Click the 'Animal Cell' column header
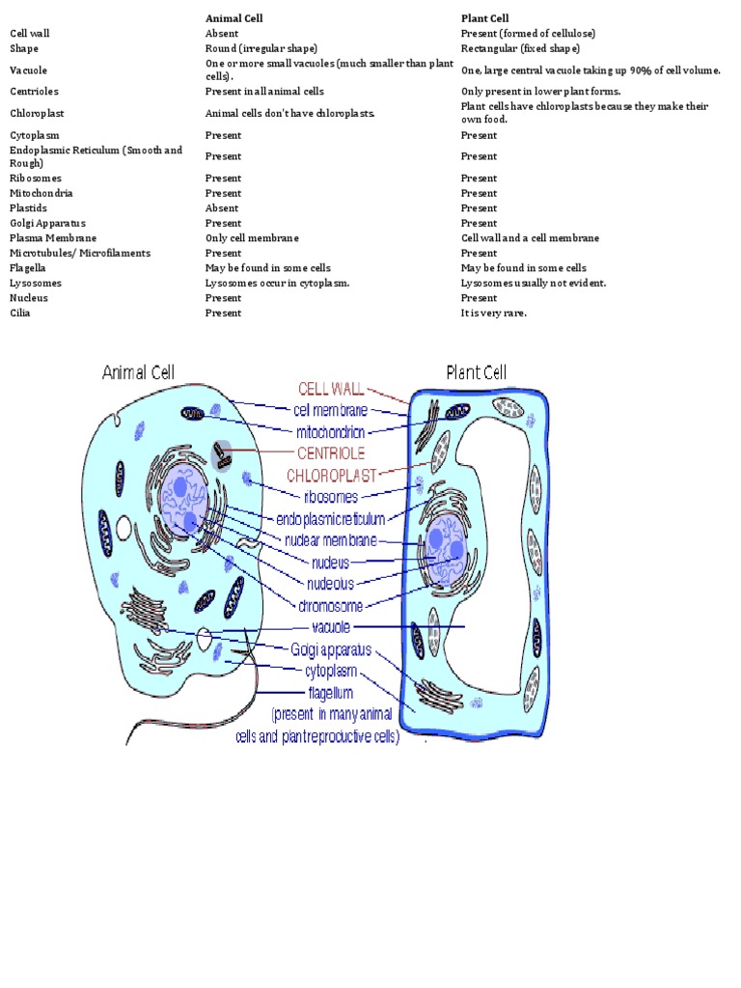tap(233, 18)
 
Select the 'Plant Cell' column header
tap(484, 18)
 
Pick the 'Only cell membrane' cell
tap(252, 238)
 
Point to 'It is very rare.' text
tap(493, 313)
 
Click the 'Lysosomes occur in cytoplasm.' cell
tap(277, 283)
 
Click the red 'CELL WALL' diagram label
tap(331, 389)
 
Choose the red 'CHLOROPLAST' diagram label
tap(331, 476)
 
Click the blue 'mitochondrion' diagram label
tap(331, 431)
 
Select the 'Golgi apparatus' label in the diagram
tap(331, 649)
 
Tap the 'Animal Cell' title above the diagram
tap(139, 372)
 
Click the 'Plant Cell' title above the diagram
tap(476, 372)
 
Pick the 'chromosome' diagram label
tap(331, 606)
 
